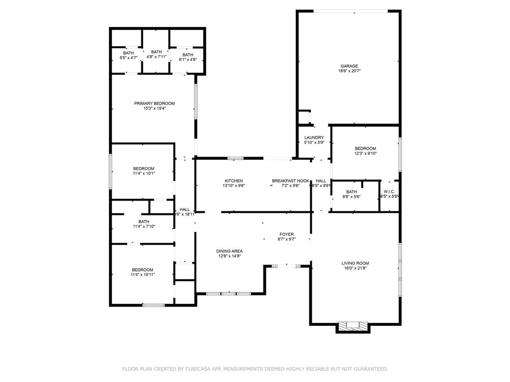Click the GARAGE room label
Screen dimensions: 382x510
(349, 66)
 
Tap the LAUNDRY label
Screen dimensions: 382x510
(314, 138)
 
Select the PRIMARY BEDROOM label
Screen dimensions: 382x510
(154, 103)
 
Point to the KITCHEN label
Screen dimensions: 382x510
(234, 181)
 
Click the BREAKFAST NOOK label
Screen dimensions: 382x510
(290, 181)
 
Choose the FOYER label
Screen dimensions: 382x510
(286, 234)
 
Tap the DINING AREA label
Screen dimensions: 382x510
(229, 251)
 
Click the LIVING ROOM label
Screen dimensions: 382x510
(355, 264)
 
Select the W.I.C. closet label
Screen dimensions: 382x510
(389, 191)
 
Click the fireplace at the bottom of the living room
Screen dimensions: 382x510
(353, 326)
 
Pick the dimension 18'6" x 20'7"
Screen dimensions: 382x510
(349, 71)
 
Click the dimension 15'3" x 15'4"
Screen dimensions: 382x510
(154, 108)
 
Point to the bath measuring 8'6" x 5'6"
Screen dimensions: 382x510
(352, 194)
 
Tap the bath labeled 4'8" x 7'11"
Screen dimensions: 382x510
(156, 54)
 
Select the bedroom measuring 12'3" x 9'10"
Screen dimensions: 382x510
(365, 151)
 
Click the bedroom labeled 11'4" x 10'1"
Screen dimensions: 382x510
(143, 171)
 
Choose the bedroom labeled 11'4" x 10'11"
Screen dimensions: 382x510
(142, 272)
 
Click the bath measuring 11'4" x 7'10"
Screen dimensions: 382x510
(144, 224)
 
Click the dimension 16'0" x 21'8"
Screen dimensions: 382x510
(355, 269)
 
